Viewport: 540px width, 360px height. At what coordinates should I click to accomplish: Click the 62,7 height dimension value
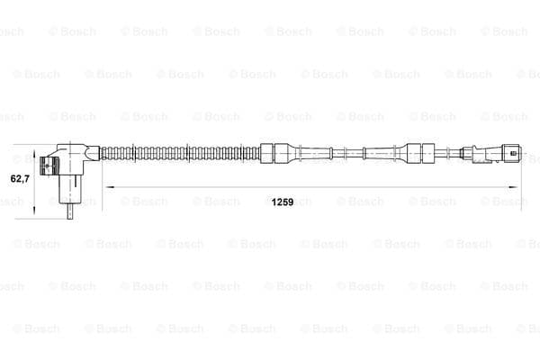pyautogui.click(x=20, y=178)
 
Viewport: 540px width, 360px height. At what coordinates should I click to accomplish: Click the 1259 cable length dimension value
pyautogui.click(x=283, y=202)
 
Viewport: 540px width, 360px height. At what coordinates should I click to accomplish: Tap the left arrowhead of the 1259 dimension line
pyautogui.click(x=110, y=187)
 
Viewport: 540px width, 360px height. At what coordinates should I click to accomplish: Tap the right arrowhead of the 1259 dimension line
pyautogui.click(x=512, y=187)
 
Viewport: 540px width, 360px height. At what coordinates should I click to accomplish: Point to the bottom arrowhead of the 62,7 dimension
pyautogui.click(x=34, y=210)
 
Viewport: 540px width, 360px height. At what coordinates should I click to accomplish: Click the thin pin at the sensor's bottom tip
pyautogui.click(x=70, y=211)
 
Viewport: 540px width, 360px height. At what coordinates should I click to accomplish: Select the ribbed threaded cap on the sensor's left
pyautogui.click(x=49, y=166)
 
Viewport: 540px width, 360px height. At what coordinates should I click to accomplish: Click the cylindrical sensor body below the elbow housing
pyautogui.click(x=70, y=189)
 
